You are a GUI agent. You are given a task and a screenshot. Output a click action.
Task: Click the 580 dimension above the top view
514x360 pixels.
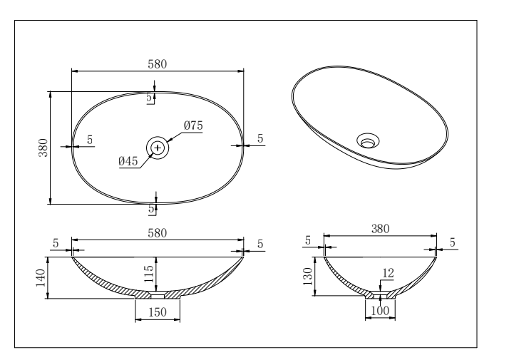pyautogui.click(x=157, y=63)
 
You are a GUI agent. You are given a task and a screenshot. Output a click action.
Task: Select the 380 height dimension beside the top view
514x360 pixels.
pyautogui.click(x=43, y=147)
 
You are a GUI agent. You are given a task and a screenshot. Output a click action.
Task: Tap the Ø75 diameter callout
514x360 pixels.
pyautogui.click(x=193, y=125)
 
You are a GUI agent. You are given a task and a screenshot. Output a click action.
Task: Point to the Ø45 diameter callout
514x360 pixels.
pyautogui.click(x=128, y=161)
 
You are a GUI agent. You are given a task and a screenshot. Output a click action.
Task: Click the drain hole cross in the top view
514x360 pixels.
pyautogui.click(x=158, y=148)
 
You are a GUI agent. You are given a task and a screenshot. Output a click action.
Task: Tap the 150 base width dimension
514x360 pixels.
pyautogui.click(x=157, y=312)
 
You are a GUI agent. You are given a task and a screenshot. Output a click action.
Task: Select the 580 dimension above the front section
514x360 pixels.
pyautogui.click(x=157, y=232)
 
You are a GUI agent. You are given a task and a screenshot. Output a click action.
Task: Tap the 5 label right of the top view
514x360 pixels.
pyautogui.click(x=260, y=138)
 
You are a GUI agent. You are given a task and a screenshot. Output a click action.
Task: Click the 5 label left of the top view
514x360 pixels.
pyautogui.click(x=91, y=140)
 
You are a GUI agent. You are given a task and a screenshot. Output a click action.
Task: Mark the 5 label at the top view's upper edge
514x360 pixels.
pyautogui.click(x=150, y=98)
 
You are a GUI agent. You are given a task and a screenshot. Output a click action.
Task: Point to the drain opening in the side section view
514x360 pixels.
pyautogui.click(x=380, y=293)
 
